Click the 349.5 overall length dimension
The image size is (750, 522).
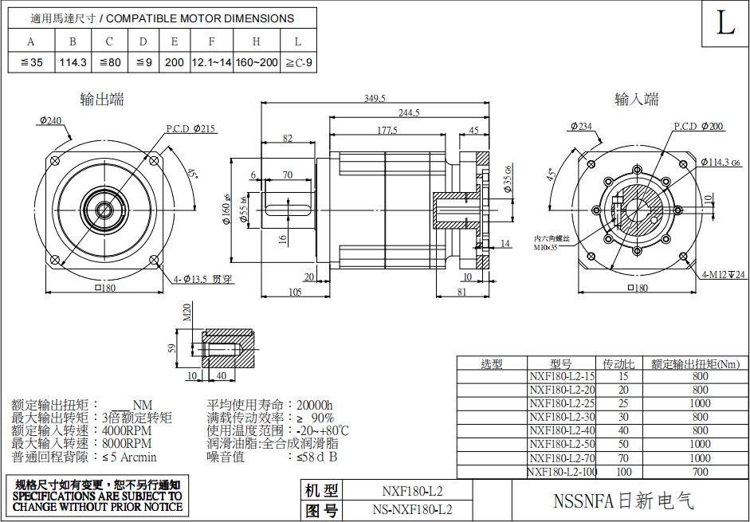pos(375,98)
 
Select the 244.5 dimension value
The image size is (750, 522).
pos(409,113)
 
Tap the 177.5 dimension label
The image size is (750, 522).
pos(388,130)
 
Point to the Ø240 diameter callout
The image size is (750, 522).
pos(49,120)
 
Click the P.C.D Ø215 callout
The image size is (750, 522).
pos(190,129)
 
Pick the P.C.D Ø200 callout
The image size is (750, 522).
pos(698,127)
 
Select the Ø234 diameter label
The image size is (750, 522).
pos(581,126)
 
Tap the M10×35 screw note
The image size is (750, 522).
pos(548,247)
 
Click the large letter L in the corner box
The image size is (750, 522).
pos(724,24)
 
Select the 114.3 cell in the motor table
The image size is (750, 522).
pos(73,62)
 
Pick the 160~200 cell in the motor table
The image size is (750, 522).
pos(257,62)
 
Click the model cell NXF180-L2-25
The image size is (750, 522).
pos(562,403)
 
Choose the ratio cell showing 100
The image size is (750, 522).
pos(623,472)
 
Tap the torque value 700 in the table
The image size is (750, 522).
pos(700,472)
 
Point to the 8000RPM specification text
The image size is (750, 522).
pos(127,443)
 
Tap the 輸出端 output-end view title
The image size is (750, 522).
pos(102,100)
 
